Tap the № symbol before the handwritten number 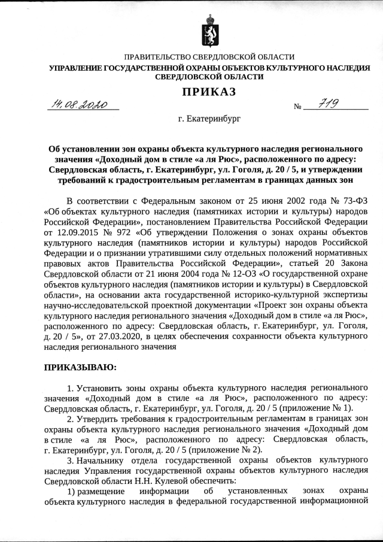[297, 108]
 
